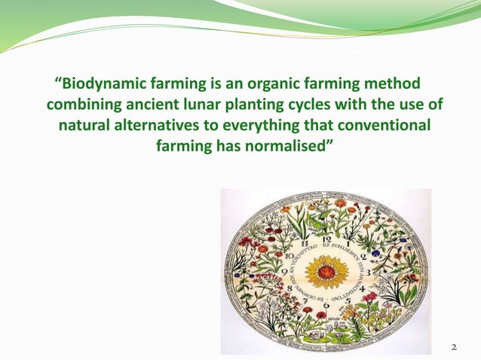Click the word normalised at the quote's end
coord(287,143)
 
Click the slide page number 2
coord(453,347)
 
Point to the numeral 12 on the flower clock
coord(326,239)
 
